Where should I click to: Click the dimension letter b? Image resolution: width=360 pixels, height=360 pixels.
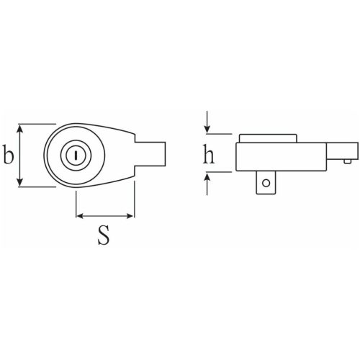9,154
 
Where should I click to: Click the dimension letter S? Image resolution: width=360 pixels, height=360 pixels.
104,235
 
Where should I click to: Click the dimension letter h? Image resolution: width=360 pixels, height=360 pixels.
209,154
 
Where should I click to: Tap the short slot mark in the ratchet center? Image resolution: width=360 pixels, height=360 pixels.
76,156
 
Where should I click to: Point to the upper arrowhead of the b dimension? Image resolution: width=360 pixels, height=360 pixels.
20,130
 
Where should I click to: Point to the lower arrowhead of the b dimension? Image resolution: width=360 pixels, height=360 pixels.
20,181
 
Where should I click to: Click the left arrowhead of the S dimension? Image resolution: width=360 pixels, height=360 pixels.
80,216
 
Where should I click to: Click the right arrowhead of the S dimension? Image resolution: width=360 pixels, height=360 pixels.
130,216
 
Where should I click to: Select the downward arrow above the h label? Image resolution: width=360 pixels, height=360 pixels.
207,122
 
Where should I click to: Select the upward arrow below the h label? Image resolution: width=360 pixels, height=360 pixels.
207,184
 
